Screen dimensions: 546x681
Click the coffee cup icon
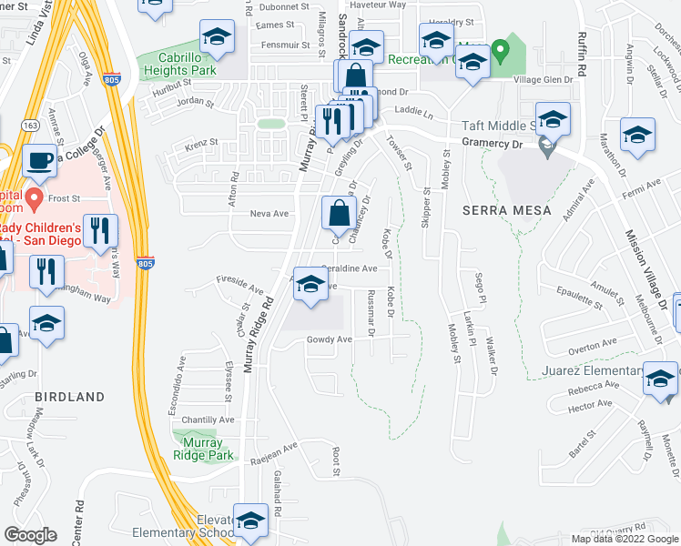(x=38, y=161)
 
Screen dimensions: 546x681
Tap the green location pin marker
(x=498, y=50)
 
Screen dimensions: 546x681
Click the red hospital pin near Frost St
(x=35, y=197)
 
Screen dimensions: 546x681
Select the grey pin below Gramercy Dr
(x=545, y=146)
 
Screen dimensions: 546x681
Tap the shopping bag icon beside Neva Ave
(x=337, y=214)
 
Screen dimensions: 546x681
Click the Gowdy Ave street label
(x=329, y=339)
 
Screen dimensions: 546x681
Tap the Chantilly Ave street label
(x=208, y=420)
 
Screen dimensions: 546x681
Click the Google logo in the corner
(x=31, y=535)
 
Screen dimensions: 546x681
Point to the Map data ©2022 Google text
(x=624, y=539)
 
